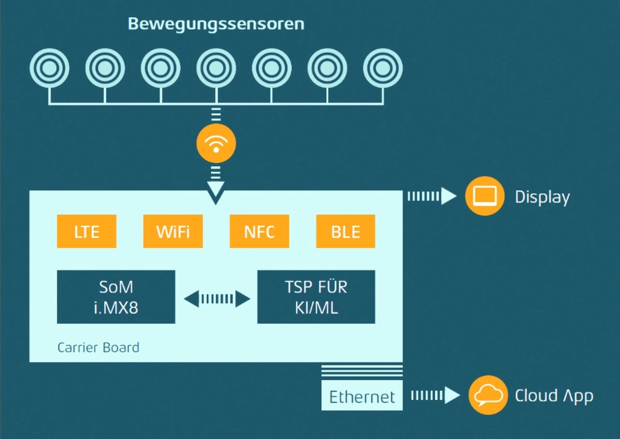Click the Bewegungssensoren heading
(216, 24)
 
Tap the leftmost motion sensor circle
(49, 68)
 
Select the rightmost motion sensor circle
(383, 68)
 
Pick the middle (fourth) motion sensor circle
(216, 68)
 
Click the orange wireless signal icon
(216, 144)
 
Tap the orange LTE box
(87, 231)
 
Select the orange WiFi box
(173, 231)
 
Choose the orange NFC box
(259, 231)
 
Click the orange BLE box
(345, 231)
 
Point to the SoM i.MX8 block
(116, 297)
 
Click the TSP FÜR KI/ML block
(316, 297)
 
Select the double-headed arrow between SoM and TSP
(217, 299)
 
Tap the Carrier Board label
(98, 348)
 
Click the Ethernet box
(362, 396)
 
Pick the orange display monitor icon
(485, 196)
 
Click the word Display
(542, 197)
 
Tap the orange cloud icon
(488, 395)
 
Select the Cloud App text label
(554, 395)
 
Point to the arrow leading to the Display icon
(432, 196)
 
